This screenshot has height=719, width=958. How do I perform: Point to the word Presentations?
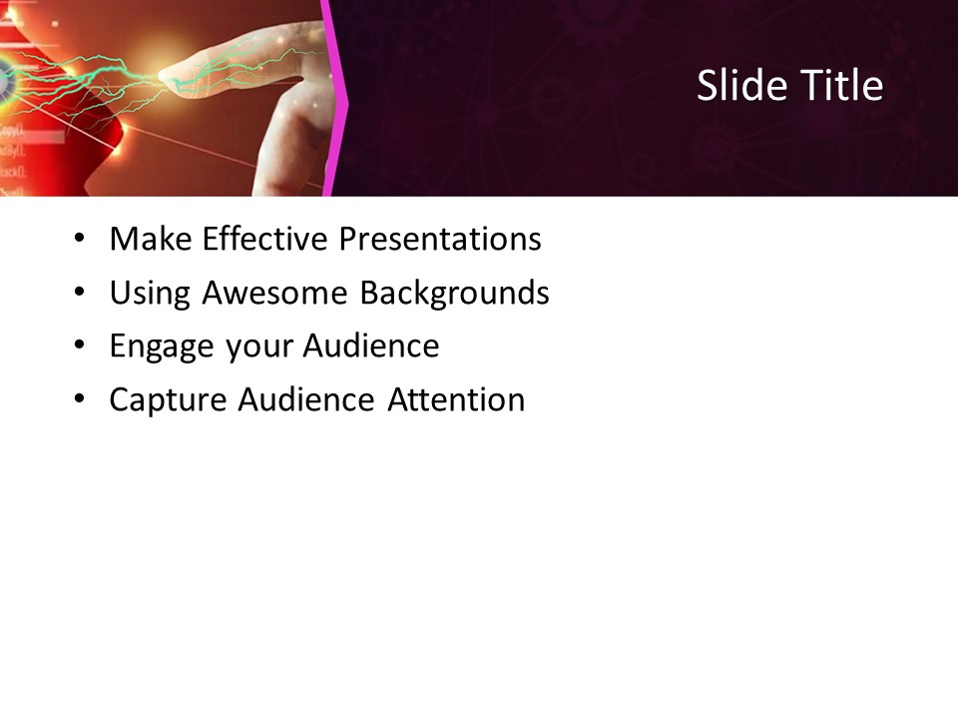click(440, 240)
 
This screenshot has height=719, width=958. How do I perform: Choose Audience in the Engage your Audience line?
click(370, 346)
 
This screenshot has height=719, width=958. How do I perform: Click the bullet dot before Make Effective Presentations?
click(79, 241)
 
